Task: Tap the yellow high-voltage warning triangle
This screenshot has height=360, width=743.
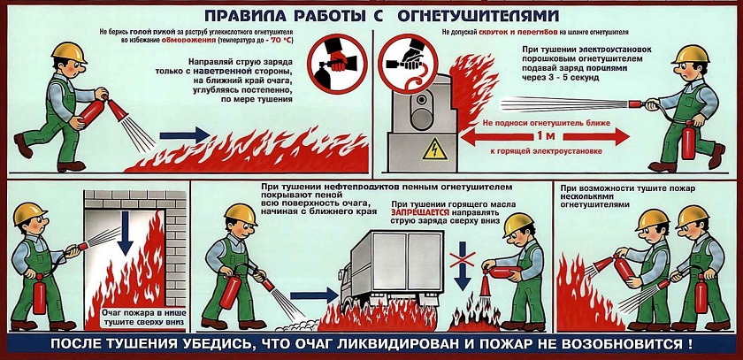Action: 433,150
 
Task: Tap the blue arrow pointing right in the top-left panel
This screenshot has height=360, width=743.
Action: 185,136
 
